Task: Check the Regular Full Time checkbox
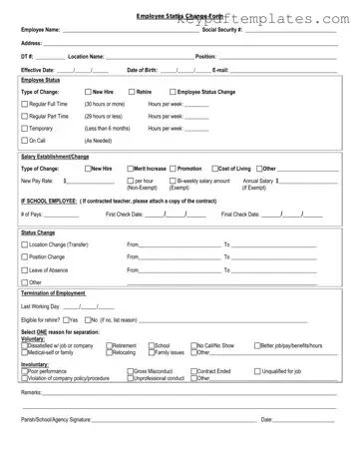(25, 104)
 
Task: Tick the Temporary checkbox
(25, 128)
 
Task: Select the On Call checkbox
(25, 141)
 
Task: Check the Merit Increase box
(132, 169)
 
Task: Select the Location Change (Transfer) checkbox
(25, 243)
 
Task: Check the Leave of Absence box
(25, 269)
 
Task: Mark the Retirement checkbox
(110, 345)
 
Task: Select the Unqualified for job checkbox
(257, 371)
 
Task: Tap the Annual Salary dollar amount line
(308, 181)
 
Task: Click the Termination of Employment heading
(58, 292)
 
